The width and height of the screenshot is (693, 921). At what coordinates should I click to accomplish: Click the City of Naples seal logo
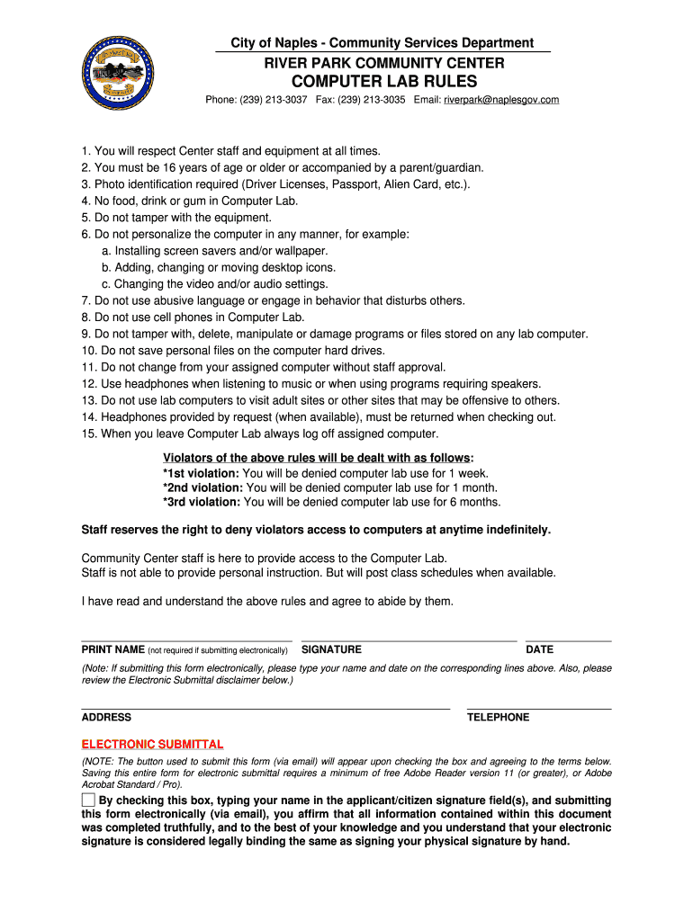[x=117, y=72]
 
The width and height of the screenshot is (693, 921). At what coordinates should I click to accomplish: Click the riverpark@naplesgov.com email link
[x=501, y=100]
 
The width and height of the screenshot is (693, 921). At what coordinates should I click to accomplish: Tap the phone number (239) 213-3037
[x=274, y=100]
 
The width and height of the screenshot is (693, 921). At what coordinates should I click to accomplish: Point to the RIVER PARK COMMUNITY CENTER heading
[x=383, y=63]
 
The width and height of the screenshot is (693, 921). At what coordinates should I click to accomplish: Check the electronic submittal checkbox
[x=88, y=800]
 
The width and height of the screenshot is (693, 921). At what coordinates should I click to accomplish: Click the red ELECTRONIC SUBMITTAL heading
[x=152, y=745]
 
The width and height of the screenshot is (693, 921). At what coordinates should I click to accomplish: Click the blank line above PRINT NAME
[x=186, y=639]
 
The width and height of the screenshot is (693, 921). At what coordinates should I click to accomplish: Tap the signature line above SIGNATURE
[x=409, y=639]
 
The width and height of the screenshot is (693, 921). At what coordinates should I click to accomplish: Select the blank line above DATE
[x=568, y=639]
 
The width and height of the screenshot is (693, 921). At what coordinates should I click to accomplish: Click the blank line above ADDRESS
[x=265, y=708]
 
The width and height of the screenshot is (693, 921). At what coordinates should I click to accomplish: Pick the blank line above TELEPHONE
[x=538, y=708]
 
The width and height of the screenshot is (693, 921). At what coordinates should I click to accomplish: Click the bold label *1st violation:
[x=201, y=473]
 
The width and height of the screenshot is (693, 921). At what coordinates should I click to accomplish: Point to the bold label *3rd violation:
[x=202, y=502]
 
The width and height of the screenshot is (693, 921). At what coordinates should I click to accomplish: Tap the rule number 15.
[x=87, y=434]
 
